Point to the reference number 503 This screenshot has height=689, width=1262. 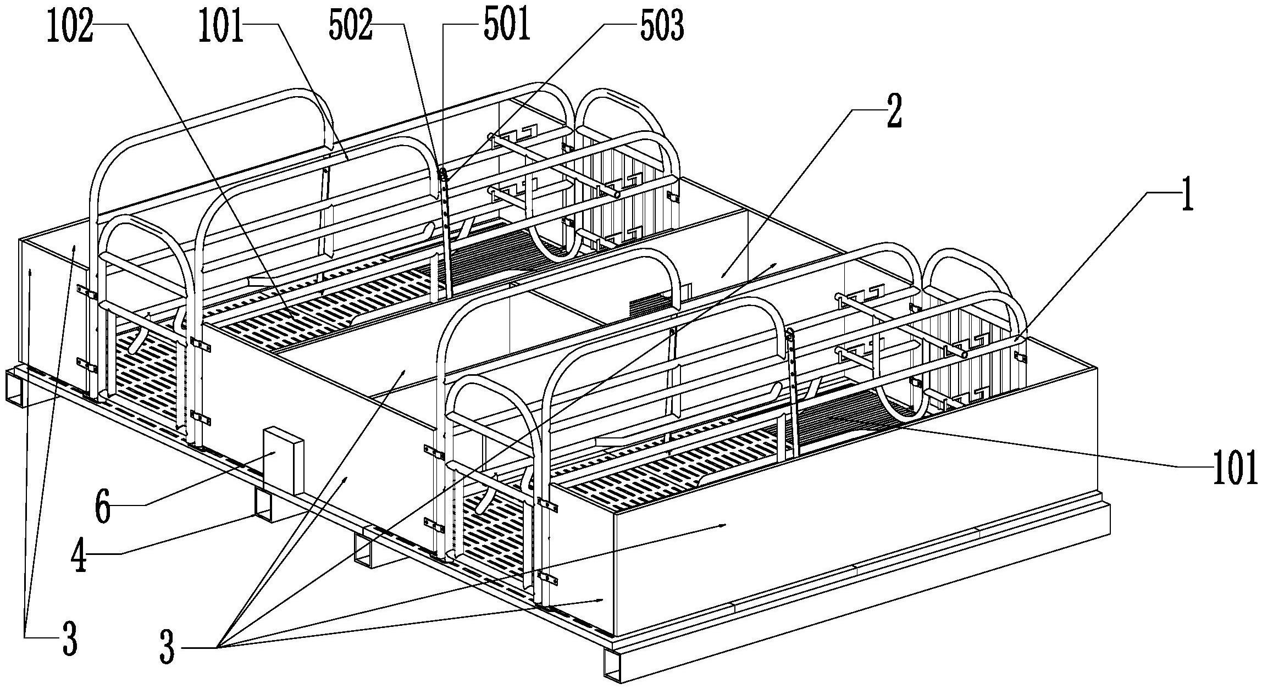click(662, 26)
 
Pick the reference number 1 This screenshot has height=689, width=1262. click(1188, 196)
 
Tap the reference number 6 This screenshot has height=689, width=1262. click(103, 509)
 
